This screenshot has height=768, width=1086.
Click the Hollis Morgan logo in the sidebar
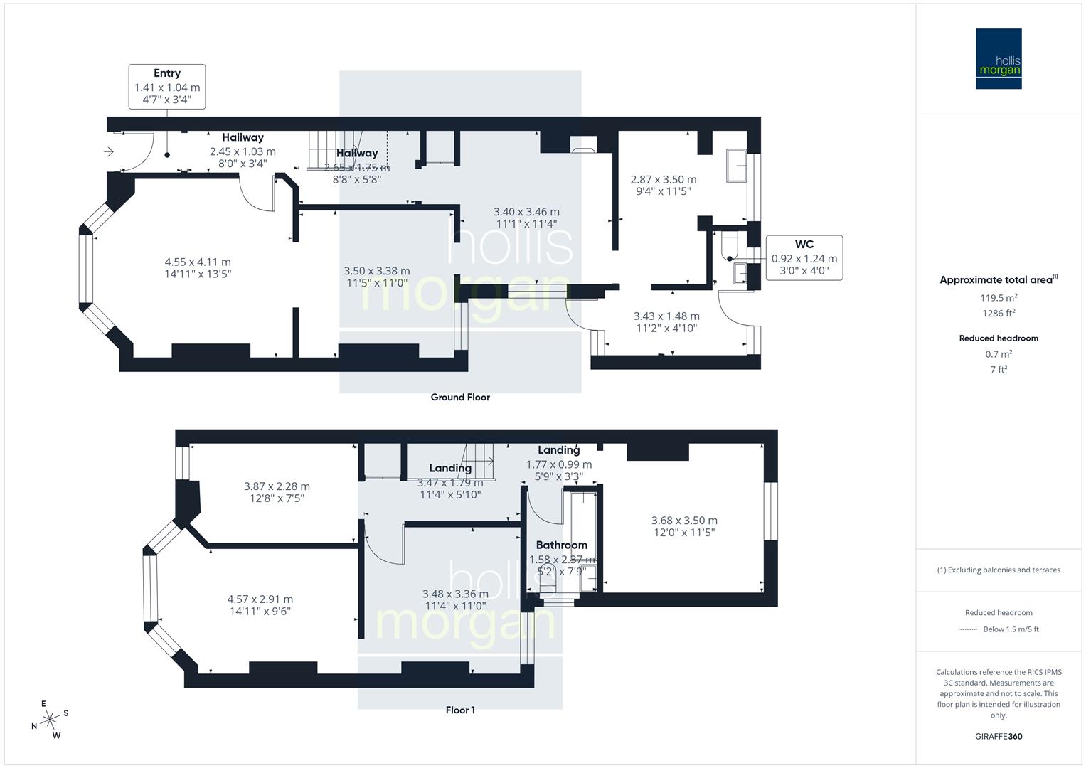coord(999,58)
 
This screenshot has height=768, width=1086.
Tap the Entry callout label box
coord(167,86)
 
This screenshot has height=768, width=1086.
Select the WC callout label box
coord(804,257)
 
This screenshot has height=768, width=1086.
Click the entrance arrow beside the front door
coord(108,151)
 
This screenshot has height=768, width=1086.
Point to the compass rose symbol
coord(50,720)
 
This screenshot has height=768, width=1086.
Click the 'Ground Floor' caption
coord(460,398)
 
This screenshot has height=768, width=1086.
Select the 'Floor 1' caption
coord(460,710)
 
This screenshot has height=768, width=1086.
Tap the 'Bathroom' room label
coord(561,545)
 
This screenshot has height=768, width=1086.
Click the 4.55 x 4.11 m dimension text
coord(198,262)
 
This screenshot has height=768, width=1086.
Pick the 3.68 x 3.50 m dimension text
coord(684,521)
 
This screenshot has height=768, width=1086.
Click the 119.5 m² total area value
coord(999,298)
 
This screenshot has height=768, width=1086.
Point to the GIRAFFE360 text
coord(999,736)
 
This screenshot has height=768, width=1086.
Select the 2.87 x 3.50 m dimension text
coord(663,180)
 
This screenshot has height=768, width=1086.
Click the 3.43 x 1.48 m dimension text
coord(666,316)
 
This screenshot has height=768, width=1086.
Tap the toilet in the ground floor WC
coord(730,245)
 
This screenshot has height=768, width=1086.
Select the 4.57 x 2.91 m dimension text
coord(260,599)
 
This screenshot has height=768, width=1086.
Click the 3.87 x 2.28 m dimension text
coord(277,486)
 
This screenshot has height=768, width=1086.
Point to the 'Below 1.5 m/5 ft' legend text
coord(1011,629)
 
